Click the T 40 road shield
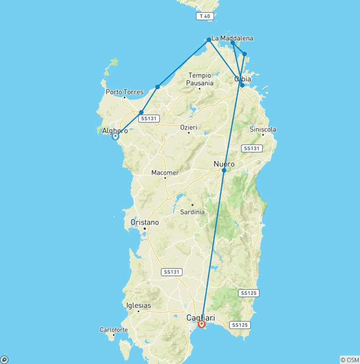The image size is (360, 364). click(x=205, y=16)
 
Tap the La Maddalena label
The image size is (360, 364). click(x=232, y=38)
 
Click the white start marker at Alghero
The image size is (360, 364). click(x=115, y=136)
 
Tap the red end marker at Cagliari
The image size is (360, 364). click(x=202, y=324)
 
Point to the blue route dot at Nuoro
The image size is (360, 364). click(x=224, y=170)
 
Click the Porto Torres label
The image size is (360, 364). click(x=124, y=92)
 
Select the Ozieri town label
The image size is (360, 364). click(x=189, y=127)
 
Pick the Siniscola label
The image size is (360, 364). click(x=263, y=129)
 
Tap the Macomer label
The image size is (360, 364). click(x=165, y=173)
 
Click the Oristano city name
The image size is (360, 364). click(x=145, y=222)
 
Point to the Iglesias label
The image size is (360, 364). click(x=139, y=306)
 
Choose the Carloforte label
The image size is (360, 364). click(x=114, y=330)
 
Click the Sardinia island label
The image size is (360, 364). click(x=193, y=212)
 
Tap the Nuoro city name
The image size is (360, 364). click(x=224, y=164)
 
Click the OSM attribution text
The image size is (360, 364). click(x=350, y=360)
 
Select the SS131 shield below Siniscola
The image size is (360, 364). click(x=251, y=148)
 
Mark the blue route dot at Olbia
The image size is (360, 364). click(x=242, y=85)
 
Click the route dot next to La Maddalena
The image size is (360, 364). click(x=209, y=40)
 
